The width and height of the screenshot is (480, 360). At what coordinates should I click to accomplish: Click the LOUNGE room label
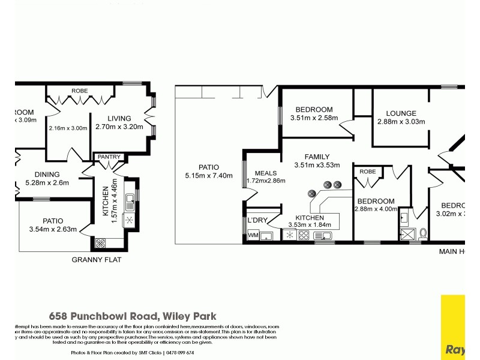401,113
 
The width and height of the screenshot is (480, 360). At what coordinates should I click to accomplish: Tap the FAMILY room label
317,157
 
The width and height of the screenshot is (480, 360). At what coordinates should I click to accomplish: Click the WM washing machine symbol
254,235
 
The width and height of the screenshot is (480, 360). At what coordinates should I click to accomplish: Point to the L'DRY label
257,220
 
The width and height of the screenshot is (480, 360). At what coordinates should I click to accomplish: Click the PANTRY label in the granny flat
110,157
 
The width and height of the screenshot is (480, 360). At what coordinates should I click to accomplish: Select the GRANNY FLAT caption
97,260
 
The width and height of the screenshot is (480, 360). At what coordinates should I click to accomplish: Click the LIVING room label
119,118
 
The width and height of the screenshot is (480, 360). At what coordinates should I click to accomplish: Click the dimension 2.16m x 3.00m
68,127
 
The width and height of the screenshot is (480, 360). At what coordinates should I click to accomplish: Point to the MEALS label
266,173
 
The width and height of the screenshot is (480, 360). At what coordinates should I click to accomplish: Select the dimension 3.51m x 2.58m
314,118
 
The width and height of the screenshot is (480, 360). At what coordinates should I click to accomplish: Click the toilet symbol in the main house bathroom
423,233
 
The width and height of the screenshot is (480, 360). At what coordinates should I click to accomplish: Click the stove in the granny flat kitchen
100,244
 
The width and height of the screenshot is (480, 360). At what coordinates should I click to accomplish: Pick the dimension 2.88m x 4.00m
376,209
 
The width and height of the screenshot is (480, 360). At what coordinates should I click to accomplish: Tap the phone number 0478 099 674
179,353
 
